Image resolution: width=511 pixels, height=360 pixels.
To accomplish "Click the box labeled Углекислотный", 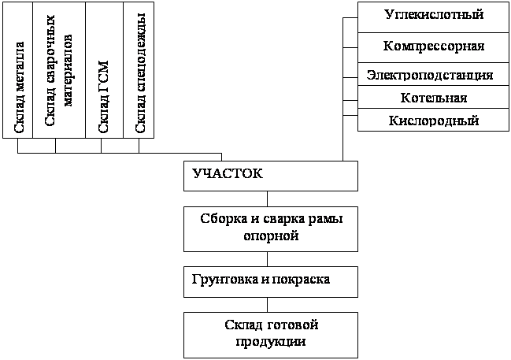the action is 433,17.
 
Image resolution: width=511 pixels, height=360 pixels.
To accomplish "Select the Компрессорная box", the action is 433,47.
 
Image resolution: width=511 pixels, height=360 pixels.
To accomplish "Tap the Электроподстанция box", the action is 433,74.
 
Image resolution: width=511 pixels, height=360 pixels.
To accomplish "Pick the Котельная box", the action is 433,97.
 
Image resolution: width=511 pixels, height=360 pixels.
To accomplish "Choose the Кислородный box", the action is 433,120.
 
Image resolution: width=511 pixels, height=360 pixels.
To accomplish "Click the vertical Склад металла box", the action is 17,70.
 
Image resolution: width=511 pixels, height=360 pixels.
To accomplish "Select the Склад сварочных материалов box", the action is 59,70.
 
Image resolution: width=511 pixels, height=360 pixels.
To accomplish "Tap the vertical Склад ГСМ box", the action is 104,70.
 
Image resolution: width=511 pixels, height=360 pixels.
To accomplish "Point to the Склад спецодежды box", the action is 139,70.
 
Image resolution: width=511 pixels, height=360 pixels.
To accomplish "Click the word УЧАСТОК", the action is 228,173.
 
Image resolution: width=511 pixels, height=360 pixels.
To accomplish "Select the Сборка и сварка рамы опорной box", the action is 271,229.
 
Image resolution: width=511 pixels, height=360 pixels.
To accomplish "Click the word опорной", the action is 271,236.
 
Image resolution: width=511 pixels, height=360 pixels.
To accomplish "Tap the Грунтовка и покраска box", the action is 271,282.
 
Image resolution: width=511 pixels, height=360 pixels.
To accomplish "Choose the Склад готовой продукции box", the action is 271,336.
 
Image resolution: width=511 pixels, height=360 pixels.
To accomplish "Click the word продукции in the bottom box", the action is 271,342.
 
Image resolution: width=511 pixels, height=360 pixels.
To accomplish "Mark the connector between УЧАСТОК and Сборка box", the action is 268,199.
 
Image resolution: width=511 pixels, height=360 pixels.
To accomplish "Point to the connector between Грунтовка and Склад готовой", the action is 268,305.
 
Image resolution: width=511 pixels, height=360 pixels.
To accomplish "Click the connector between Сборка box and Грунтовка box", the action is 268,259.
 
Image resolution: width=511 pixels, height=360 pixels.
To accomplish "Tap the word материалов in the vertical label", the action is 69,70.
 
